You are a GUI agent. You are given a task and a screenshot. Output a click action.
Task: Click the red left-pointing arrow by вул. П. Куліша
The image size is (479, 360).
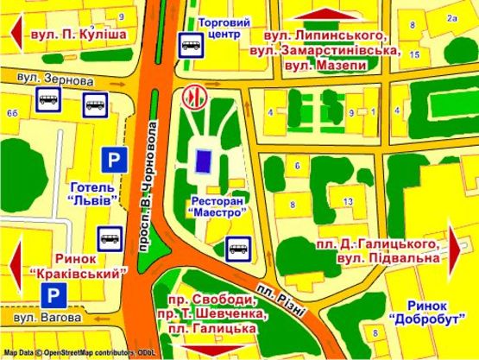[x=15, y=34]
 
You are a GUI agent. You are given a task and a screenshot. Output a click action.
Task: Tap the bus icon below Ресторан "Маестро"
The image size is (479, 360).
[x=238, y=249]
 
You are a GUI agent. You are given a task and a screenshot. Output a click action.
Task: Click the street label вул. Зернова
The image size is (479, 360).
[x=55, y=79]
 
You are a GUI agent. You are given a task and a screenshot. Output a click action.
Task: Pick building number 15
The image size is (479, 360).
[x=414, y=54]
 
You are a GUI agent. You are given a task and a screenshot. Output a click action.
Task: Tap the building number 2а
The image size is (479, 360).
[x=450, y=17]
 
